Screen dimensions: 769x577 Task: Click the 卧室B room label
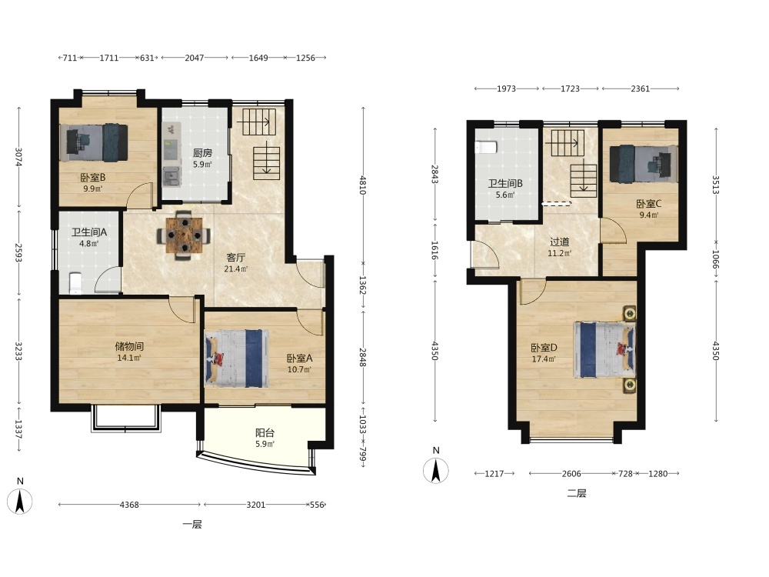point(93,178)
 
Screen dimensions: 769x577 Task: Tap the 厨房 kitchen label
point(202,153)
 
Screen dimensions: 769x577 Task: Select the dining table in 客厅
point(184,235)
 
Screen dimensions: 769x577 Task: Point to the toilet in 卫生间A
point(75,284)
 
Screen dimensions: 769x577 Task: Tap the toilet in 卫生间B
point(486,147)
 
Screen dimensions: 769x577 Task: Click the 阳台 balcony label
point(265,432)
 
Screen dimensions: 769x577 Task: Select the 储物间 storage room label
point(129,346)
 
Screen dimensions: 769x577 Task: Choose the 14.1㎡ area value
point(129,358)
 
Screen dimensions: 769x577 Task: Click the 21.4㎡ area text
point(235,268)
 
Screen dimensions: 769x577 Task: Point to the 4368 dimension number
point(129,505)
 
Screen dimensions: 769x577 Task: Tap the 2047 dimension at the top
point(195,58)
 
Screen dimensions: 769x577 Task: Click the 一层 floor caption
point(192,524)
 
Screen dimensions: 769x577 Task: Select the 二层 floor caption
point(577,493)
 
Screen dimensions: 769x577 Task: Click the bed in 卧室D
point(605,349)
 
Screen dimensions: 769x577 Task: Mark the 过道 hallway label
point(560,242)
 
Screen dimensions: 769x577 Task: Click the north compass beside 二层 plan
point(435,470)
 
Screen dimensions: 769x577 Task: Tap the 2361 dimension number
point(640,88)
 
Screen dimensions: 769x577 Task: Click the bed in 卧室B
point(94,142)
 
